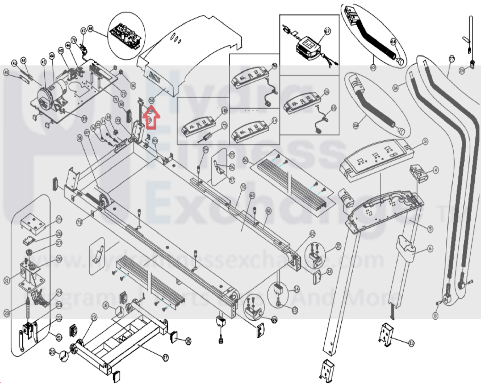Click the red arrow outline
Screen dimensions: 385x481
(152, 118)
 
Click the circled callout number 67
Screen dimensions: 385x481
(327, 31)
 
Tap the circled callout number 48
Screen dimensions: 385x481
(90, 29)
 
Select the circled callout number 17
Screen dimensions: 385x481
(165, 357)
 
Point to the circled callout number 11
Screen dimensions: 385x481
(411, 343)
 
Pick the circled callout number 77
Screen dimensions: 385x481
(451, 59)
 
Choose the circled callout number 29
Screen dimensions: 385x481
(59, 220)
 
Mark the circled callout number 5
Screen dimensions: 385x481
(430, 229)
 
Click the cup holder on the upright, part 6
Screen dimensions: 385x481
(406, 244)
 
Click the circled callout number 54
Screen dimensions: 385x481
(206, 149)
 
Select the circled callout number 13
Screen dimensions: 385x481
(330, 271)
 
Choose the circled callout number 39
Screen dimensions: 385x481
(84, 119)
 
